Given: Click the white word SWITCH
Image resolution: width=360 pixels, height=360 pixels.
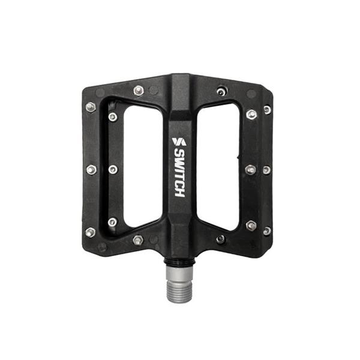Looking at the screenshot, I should pos(179,174).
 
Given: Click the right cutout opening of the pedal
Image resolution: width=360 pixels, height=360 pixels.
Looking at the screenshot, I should pos(220,168).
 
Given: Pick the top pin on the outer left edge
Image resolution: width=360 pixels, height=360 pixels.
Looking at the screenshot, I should pos(91,107).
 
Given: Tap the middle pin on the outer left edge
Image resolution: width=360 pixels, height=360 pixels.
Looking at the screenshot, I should pos(91,170).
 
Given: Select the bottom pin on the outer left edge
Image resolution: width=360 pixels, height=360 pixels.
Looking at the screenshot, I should pos(90,232).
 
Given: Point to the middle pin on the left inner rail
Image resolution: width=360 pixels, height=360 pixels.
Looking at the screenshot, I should pos(112,170).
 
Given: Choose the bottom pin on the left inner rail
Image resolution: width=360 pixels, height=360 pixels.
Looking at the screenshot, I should pos(112,222).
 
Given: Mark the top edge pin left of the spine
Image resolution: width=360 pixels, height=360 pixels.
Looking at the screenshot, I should pos(139,91).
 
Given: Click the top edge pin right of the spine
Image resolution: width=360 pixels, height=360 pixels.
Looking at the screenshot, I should pos(221,91).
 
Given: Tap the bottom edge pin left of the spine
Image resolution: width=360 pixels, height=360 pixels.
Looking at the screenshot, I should pos(138,240).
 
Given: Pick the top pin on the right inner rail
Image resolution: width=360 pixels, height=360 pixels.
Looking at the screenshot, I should pos(251,114).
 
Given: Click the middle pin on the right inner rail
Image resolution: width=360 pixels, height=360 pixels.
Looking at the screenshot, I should pos(250,170).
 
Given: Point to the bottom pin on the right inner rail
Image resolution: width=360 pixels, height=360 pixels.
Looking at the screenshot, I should pos(251,225).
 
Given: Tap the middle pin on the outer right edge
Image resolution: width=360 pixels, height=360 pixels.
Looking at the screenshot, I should pos(266,170).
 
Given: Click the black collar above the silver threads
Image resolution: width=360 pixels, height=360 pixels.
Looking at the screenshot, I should pos(179,262).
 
